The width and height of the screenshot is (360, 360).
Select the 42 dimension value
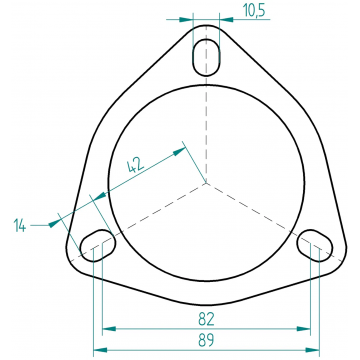(x=136, y=165)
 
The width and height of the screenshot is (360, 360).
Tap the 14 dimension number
(x=20, y=226)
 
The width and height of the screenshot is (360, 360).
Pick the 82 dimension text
(x=206, y=319)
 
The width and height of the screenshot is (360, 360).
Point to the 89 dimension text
(x=206, y=341)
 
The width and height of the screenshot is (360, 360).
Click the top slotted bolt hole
(x=207, y=57)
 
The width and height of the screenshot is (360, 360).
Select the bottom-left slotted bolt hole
(x=98, y=245)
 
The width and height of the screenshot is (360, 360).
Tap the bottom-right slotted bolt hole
(x=315, y=245)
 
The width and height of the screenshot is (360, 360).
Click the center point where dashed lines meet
(x=206, y=183)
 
